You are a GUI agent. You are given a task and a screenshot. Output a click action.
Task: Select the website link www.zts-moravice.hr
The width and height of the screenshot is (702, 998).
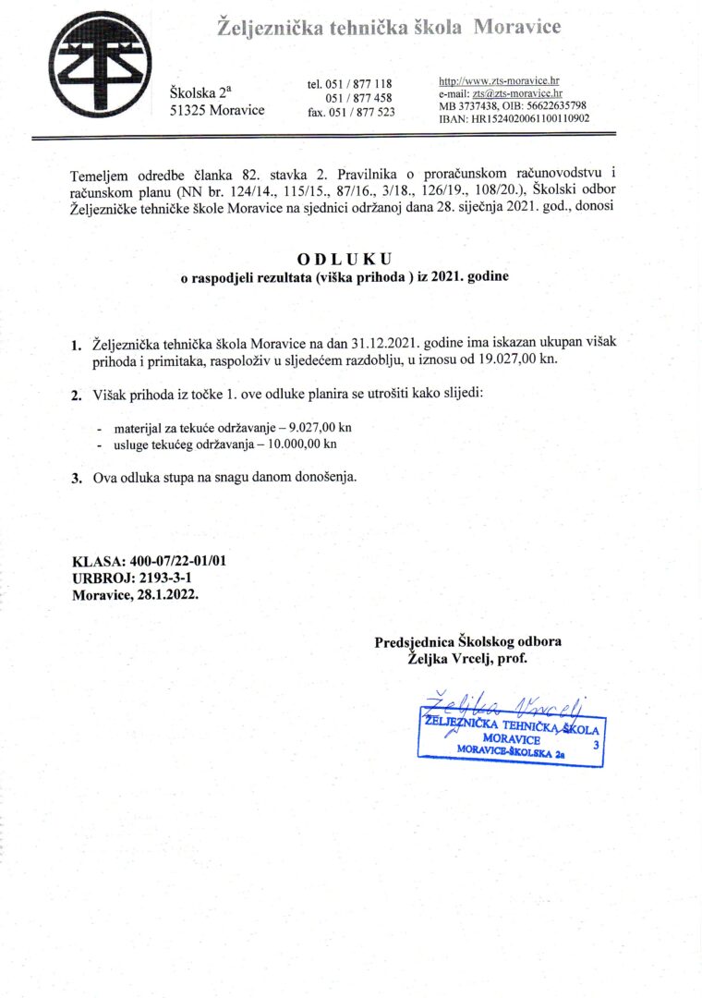[505, 81]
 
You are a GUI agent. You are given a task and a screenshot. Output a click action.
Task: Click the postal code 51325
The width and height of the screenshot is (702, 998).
[188, 110]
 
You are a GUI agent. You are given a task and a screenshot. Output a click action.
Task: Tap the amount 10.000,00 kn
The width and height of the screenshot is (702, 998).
[301, 444]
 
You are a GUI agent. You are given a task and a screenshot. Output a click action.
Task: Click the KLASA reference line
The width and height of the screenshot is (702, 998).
[149, 560]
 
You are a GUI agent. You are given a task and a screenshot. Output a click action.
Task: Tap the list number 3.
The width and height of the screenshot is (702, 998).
[78, 479]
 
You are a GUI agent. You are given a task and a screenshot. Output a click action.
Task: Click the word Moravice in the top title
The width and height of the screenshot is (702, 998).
[517, 28]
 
